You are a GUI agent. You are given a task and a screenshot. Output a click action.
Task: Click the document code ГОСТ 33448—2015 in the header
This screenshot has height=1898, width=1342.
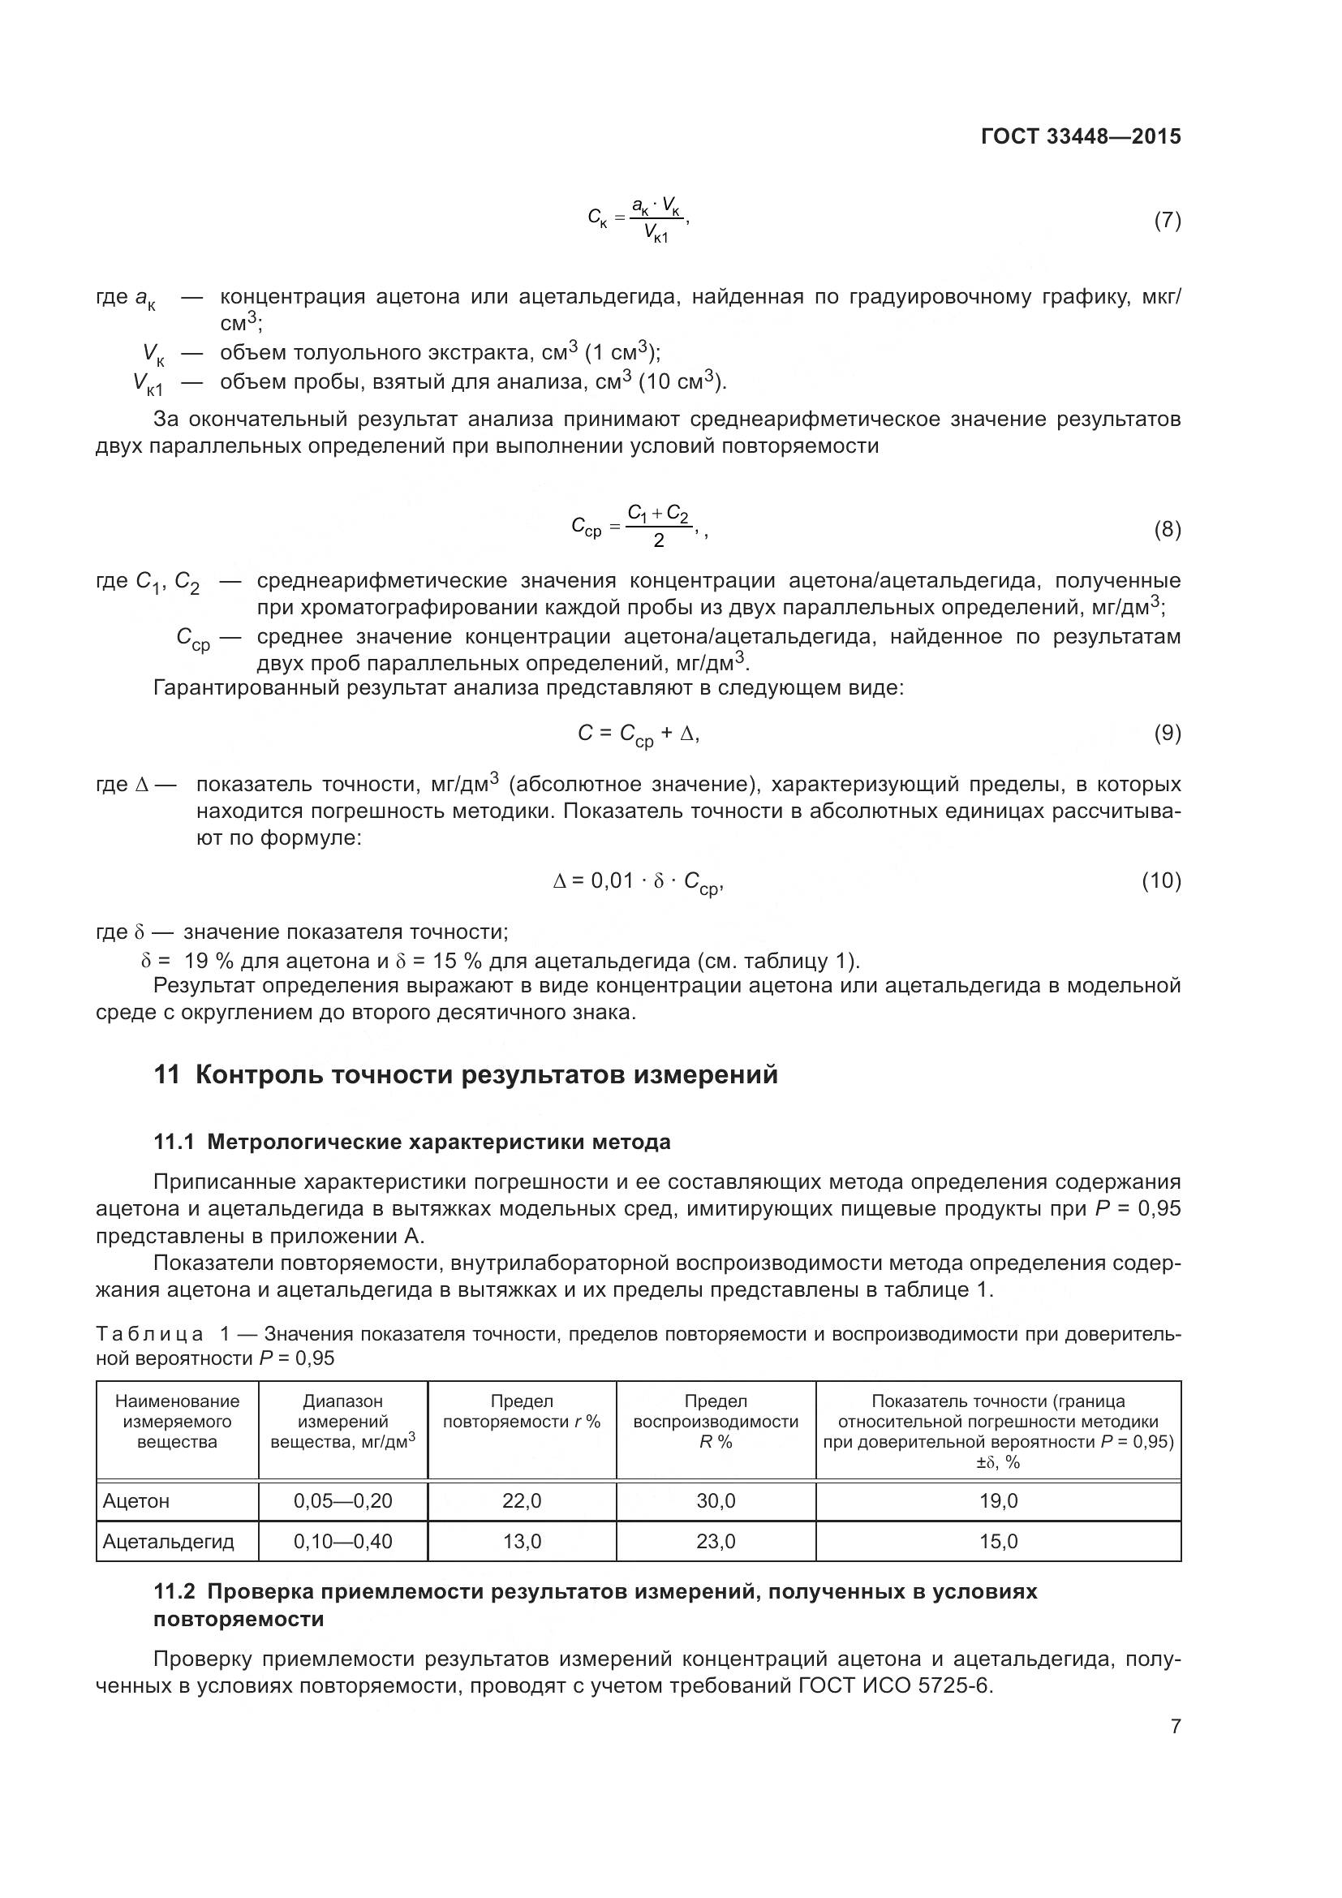1080,136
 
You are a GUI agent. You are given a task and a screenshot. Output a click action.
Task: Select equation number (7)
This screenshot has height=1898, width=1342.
1167,221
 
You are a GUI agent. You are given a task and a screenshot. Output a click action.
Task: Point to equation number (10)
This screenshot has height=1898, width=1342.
1161,881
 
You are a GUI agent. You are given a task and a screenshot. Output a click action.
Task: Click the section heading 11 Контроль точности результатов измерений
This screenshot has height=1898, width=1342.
466,1074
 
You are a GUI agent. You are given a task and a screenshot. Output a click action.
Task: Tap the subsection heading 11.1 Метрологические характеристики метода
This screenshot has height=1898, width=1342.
411,1143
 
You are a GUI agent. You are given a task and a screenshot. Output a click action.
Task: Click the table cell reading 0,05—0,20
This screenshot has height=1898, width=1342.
343,1501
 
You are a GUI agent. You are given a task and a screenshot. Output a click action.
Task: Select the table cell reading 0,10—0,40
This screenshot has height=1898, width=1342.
343,1542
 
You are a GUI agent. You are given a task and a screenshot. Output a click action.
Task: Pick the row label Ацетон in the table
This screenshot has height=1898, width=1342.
136,1501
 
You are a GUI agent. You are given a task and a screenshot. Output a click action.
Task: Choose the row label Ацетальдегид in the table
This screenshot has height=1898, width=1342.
168,1542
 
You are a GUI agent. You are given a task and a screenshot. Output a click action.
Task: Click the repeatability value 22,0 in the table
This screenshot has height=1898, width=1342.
522,1501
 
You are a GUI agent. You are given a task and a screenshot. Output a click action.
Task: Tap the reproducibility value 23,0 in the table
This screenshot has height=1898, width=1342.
716,1542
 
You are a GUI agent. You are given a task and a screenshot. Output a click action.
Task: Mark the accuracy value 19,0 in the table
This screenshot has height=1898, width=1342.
998,1501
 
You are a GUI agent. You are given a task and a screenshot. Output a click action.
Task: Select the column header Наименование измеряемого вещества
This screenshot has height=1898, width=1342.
177,1422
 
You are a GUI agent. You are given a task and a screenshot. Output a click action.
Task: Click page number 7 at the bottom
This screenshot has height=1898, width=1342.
1175,1727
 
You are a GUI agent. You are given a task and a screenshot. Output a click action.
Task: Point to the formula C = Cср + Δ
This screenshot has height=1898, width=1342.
638,734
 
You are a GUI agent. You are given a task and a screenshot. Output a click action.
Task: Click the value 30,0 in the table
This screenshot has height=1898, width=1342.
716,1501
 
